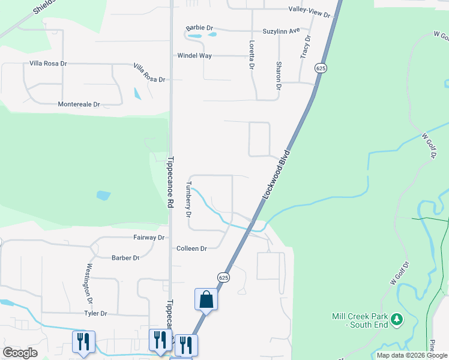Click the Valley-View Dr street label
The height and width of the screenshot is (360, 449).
(x=310, y=10)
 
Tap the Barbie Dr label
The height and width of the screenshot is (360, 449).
(x=200, y=28)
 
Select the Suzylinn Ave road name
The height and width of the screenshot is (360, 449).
(x=281, y=31)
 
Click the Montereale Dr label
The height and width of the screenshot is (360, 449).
(x=79, y=104)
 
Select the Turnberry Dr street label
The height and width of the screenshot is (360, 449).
(x=188, y=199)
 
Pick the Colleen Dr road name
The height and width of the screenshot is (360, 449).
(x=191, y=248)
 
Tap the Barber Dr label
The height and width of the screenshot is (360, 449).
(x=125, y=258)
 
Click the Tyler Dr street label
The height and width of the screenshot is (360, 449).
(x=95, y=313)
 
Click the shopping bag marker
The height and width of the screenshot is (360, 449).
(x=206, y=299)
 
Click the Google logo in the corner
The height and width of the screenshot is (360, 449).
(x=20, y=353)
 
